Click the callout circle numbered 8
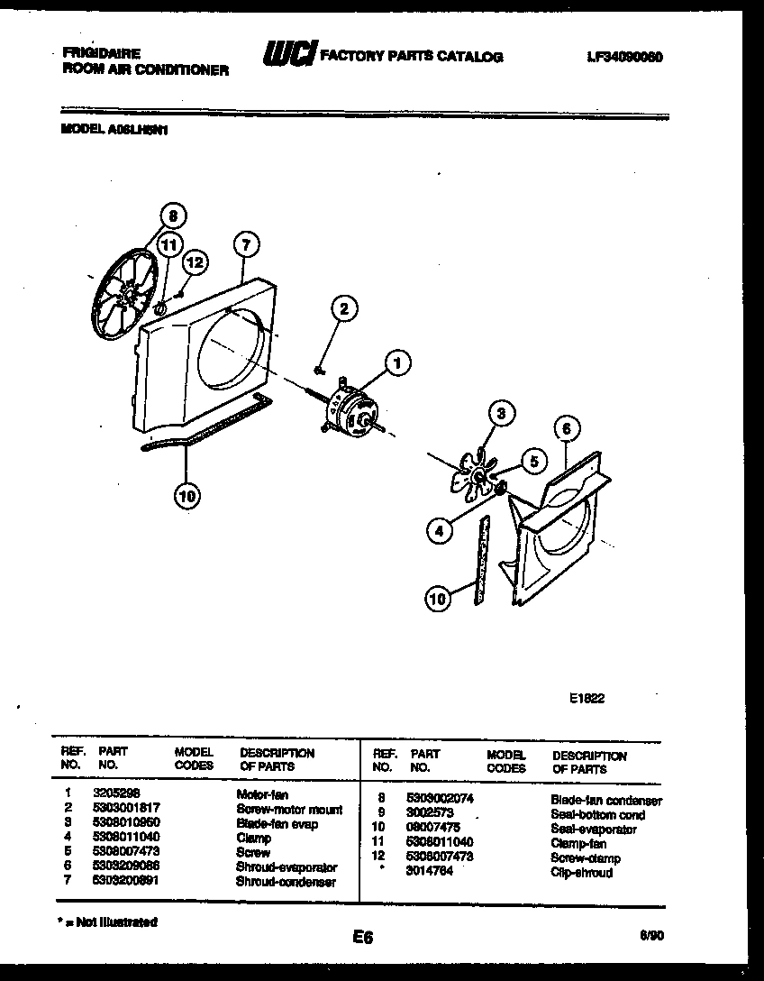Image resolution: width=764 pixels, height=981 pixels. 174,215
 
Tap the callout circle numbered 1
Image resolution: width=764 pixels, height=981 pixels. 396,362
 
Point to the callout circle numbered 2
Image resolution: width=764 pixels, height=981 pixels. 341,308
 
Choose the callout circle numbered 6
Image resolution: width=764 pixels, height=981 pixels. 567,429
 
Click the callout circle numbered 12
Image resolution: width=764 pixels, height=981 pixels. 195,262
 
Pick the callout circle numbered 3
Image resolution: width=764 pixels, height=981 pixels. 502,414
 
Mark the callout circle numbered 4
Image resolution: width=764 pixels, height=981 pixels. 439,531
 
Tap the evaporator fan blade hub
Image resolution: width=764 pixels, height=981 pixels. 477,474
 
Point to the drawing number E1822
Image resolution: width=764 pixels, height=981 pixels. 587,697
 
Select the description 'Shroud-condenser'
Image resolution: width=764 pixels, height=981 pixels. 286,881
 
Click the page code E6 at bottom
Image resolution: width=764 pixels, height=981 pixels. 362,938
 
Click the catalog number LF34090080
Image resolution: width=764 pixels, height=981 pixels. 624,56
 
